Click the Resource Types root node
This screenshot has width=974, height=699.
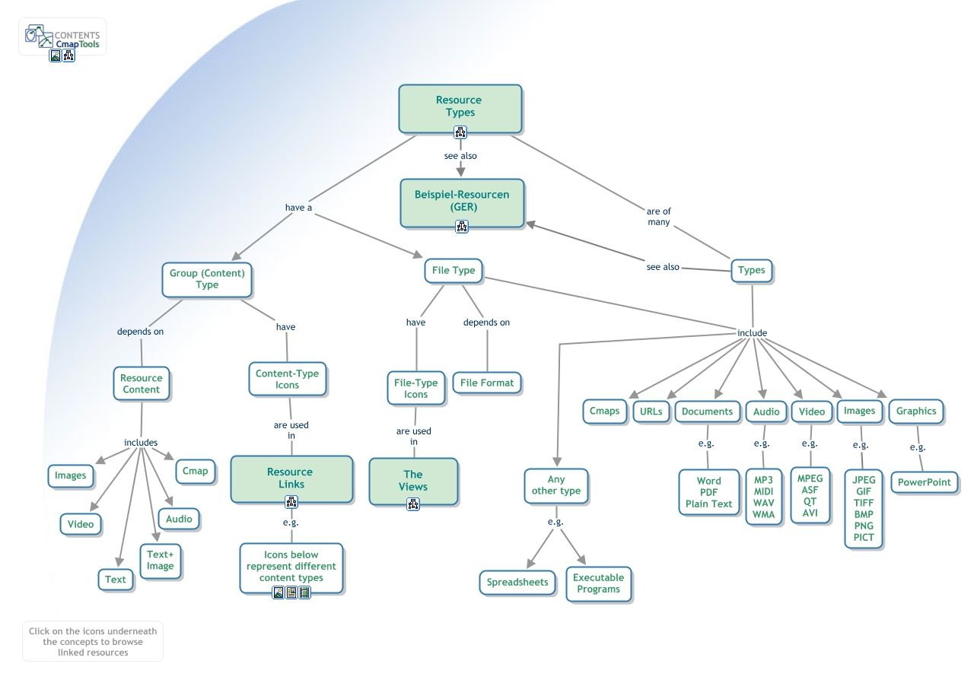(460, 106)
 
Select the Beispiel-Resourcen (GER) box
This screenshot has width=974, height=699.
(462, 201)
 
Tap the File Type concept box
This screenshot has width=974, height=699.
(454, 270)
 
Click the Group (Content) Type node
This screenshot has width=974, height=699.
(207, 279)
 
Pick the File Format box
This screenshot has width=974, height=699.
(487, 383)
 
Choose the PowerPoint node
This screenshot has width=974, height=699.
(924, 482)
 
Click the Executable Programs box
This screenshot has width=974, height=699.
(599, 583)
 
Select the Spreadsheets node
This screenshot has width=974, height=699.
(517, 583)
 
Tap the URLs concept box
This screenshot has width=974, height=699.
(651, 411)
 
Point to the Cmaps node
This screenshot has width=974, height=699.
(605, 411)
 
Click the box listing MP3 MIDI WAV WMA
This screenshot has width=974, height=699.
(763, 497)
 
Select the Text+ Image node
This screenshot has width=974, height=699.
(161, 561)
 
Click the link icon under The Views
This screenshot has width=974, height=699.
(413, 504)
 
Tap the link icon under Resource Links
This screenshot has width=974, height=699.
(291, 502)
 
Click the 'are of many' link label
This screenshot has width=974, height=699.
(659, 217)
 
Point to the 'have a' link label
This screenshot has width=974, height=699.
(298, 208)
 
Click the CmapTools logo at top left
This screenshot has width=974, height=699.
(62, 38)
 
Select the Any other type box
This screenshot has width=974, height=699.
(555, 485)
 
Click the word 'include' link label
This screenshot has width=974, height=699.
(752, 333)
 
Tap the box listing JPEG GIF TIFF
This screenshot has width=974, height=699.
(864, 508)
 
